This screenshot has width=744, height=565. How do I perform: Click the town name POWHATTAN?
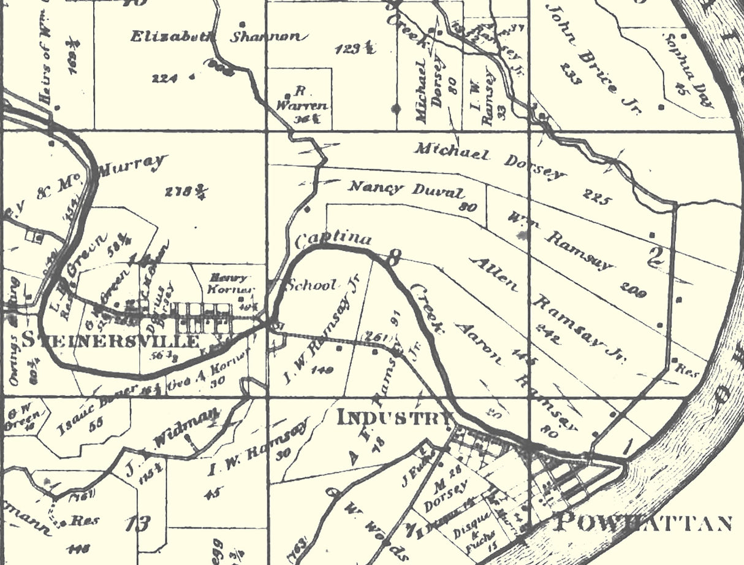coord(643,523)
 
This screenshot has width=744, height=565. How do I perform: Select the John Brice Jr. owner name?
coord(592,60)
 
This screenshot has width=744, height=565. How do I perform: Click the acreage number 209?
coord(632,289)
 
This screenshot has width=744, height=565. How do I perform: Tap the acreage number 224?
coord(165,78)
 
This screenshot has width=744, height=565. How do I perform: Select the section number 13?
coord(137,523)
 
